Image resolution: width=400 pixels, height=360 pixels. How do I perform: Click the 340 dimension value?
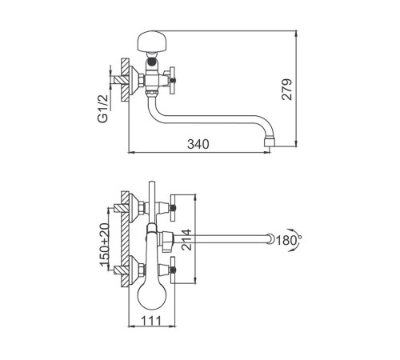(198, 144)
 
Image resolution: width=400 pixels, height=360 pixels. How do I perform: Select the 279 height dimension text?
(287, 90)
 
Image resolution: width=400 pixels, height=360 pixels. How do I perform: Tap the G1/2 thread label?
(103, 109)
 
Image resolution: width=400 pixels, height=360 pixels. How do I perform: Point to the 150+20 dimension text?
(105, 245)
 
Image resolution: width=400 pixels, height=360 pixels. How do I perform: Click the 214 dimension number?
(186, 239)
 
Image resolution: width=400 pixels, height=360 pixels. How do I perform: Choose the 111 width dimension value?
(151, 321)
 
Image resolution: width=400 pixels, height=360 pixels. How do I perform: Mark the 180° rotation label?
(288, 240)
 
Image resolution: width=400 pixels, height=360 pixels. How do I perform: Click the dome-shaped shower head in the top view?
(152, 41)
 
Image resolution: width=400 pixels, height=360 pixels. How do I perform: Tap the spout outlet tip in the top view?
(269, 142)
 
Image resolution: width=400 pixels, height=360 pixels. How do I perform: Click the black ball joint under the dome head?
(152, 62)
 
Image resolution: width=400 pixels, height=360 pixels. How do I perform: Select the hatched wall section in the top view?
(125, 80)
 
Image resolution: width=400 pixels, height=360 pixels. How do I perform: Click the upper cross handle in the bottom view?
(173, 208)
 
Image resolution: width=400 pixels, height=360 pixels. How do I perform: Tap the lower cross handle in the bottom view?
(173, 270)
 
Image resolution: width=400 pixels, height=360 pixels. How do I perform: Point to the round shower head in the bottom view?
(152, 295)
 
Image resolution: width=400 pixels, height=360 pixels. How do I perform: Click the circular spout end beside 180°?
(271, 238)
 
